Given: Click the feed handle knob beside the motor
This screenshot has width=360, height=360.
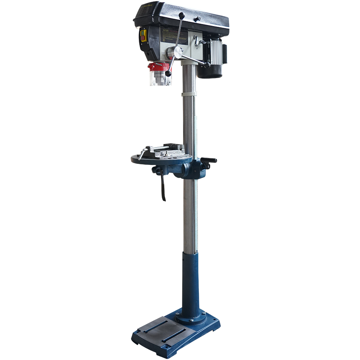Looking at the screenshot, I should pyautogui.click(x=207, y=65).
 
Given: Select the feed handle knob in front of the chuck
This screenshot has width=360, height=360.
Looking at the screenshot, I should pyautogui.click(x=168, y=74).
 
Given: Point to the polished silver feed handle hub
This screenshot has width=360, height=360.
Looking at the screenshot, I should pyautogui.click(x=178, y=53).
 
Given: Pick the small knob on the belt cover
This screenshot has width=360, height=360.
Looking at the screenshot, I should pyautogui.click(x=197, y=18).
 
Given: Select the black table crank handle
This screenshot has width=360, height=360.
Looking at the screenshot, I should pyautogui.click(x=210, y=162).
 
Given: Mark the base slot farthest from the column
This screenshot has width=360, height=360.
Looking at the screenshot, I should pyautogui.click(x=174, y=336).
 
